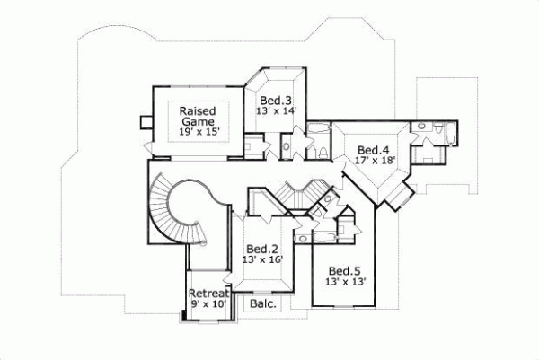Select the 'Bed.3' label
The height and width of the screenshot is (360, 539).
pos(278,100)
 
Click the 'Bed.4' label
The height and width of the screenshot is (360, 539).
pos(373,149)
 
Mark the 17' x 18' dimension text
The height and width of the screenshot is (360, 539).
pos(373,161)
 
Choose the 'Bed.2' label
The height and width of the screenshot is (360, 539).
pos(263,248)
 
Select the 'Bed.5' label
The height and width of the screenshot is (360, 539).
pos(346,271)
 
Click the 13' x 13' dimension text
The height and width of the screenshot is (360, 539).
pos(346,283)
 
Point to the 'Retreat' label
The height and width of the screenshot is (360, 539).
pos(208,294)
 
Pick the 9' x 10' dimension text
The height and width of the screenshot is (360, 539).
pos(208,305)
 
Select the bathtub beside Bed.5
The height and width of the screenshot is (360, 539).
pos(322,238)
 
